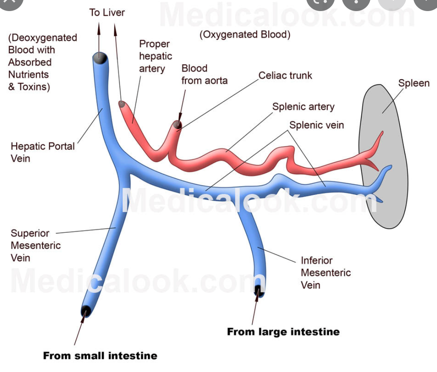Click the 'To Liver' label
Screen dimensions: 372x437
coord(107,12)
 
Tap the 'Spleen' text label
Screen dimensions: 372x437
coord(414,83)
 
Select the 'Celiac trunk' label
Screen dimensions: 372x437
coord(285,76)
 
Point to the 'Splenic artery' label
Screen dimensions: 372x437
coord(303,106)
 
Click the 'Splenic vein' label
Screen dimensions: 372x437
coord(316,125)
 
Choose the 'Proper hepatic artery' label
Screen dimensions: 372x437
coord(156,56)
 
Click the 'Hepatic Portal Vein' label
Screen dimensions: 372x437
coord(43,152)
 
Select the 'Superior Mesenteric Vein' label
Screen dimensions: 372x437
coord(36,246)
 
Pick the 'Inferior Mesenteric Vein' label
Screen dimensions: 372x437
coord(326,272)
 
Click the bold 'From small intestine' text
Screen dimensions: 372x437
coord(100,355)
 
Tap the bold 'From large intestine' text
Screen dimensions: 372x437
coord(283,332)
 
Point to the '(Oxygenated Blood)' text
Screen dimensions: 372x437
coord(245,35)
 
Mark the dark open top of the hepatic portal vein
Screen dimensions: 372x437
coord(100,57)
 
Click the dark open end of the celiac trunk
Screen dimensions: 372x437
coord(178,125)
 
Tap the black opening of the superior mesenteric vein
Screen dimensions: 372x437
coord(86,311)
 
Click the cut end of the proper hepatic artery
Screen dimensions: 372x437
coord(122,104)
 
